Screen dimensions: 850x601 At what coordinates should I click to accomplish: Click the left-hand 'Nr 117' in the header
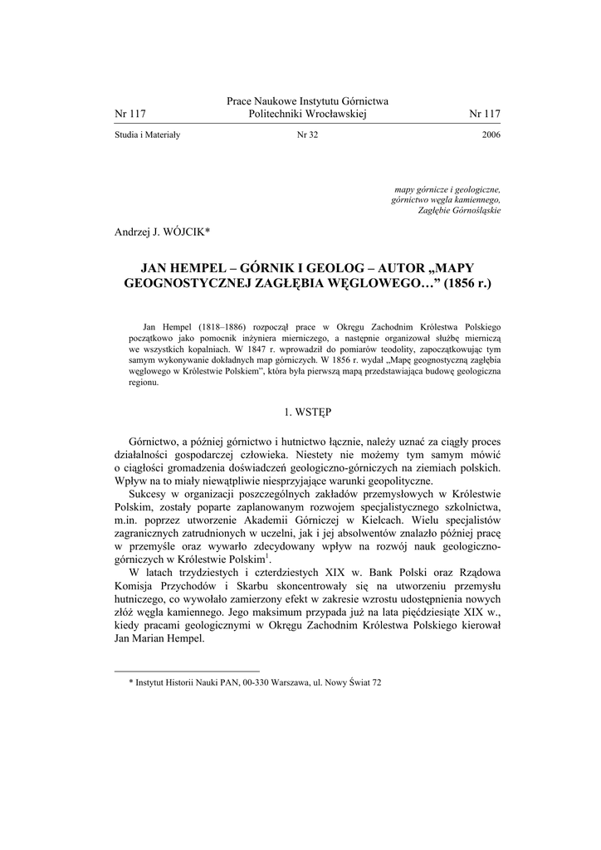pos(129,114)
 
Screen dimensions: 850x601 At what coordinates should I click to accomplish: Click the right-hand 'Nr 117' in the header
pos(485,114)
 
